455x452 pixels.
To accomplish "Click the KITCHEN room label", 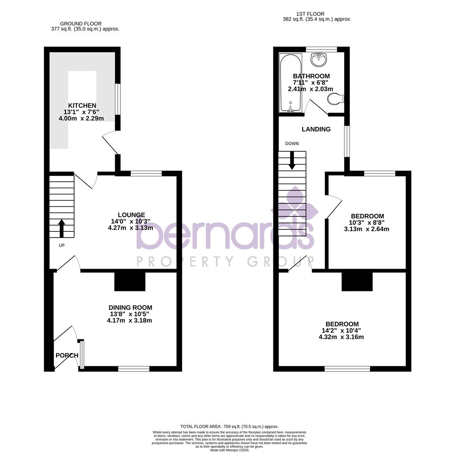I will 82,106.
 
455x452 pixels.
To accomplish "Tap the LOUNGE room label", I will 131,215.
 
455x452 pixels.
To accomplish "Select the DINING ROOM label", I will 130,308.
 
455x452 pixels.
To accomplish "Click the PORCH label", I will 67,356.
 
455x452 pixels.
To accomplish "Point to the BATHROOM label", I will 311,76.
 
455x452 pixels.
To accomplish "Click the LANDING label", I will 316,129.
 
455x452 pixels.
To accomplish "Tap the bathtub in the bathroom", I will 290,83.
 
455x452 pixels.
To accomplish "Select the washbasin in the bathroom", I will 319,59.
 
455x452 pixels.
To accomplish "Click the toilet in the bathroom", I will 335,99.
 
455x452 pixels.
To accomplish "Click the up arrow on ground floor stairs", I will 62,229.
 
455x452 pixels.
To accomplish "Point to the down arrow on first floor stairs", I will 292,160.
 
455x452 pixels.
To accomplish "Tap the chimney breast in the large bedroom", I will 357,282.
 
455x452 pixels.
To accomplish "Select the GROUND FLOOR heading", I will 81,24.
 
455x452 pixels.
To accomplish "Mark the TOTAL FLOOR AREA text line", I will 229,426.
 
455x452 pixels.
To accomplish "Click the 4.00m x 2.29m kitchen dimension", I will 81,118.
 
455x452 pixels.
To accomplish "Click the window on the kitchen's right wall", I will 118,99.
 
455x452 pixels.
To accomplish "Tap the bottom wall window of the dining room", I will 134,369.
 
